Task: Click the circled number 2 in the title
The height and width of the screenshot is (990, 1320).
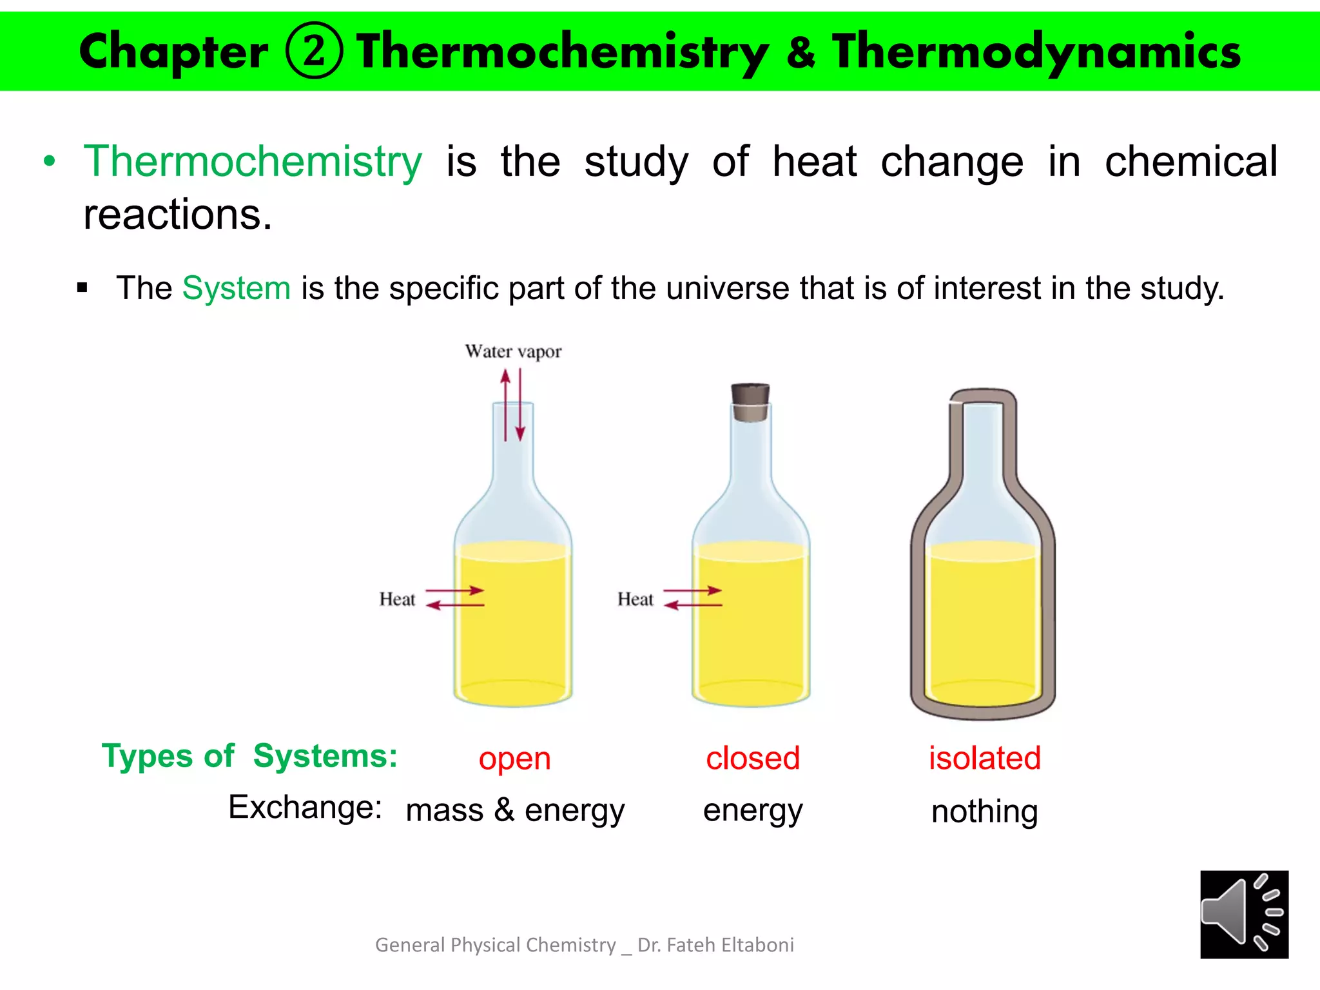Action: pos(314,51)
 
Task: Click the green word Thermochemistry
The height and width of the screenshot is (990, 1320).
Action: pos(253,161)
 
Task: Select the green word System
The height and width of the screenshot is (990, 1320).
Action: pos(236,287)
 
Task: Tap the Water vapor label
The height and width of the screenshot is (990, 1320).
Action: pos(513,352)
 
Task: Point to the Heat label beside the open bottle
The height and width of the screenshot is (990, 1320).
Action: pos(397,599)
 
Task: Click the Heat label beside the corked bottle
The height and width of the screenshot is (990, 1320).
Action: pos(635,599)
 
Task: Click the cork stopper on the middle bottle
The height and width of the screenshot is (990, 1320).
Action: pos(750,402)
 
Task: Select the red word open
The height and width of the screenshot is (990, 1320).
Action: pos(514,759)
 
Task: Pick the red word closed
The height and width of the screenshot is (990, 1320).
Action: pos(753,758)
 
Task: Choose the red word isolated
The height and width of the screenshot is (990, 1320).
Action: pos(984,758)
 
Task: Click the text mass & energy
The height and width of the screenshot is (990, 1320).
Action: pos(515,810)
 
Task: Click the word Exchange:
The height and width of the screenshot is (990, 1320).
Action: pos(306,807)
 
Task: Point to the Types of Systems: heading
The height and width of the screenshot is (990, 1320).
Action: pos(249,755)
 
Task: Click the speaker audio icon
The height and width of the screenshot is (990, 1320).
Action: pos(1244,914)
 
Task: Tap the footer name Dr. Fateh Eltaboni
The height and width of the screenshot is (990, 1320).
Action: pos(715,945)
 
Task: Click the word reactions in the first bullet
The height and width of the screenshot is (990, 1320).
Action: pos(177,215)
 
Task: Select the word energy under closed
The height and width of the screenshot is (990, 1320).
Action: pos(753,810)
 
